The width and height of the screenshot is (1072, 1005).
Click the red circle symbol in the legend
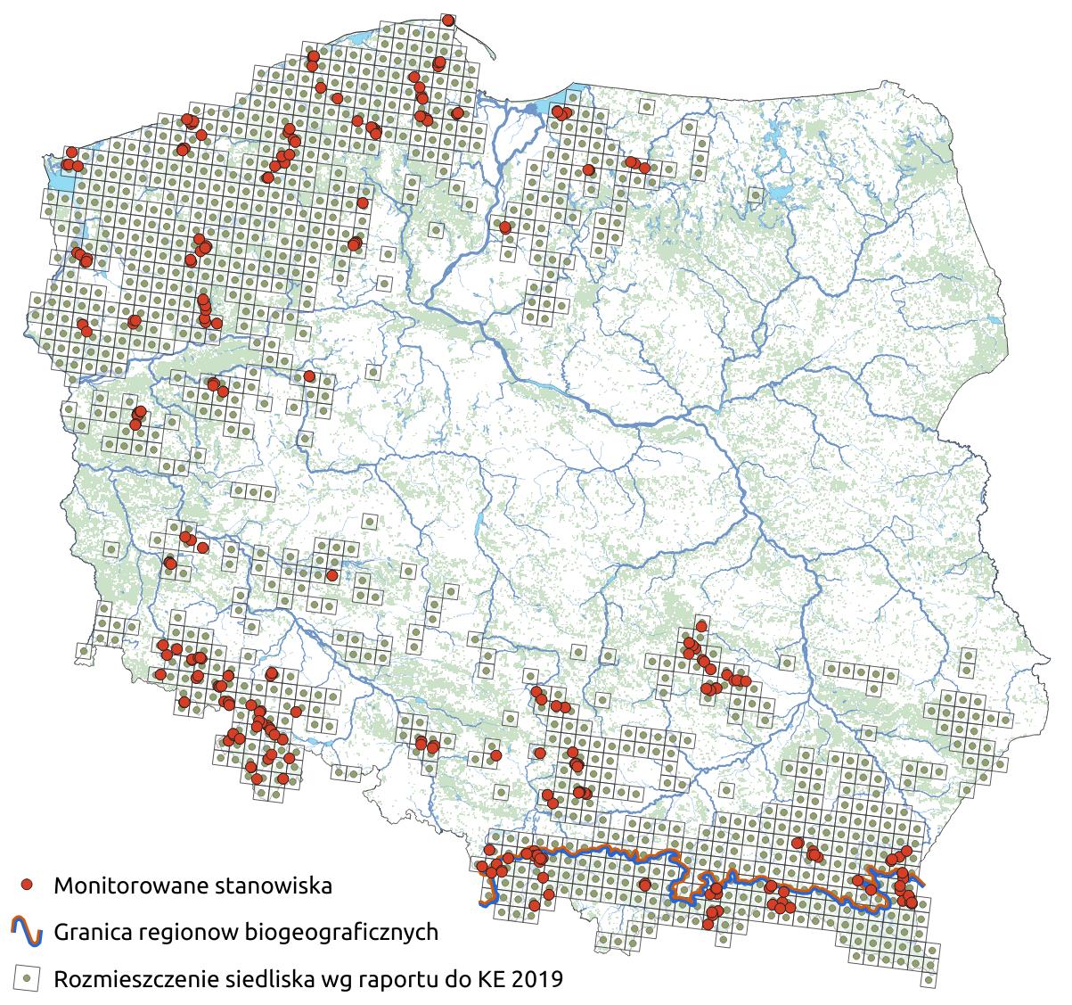[x=29, y=885]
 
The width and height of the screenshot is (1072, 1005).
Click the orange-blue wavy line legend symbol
[x=29, y=932]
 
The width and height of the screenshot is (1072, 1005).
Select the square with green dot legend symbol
[x=29, y=978]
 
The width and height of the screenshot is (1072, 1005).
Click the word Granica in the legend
[x=92, y=933]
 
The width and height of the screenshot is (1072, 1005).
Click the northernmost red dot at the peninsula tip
[x=447, y=20]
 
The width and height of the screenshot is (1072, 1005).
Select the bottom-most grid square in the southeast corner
[x=930, y=979]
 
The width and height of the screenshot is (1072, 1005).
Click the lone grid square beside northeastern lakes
[x=756, y=194]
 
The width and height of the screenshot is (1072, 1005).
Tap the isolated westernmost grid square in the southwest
[x=84, y=651]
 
